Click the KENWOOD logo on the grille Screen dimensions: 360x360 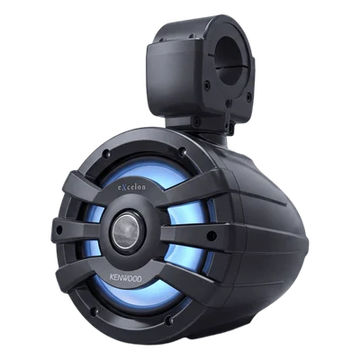click(x=126, y=277)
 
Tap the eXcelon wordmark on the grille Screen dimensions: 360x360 click(x=131, y=186)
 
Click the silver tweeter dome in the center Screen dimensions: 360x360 click(x=129, y=230)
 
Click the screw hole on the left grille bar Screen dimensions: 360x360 click(x=59, y=230)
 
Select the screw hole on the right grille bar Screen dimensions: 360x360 click(x=211, y=235)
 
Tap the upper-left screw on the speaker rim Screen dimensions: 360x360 click(x=104, y=155)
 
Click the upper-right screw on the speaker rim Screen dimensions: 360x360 click(x=181, y=152)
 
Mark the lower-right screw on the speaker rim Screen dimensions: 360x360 click(x=169, y=320)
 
